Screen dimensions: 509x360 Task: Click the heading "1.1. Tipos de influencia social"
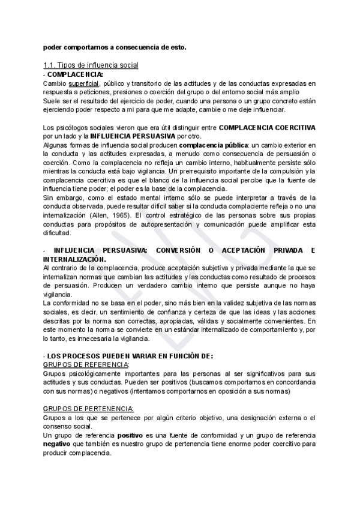point(91,65)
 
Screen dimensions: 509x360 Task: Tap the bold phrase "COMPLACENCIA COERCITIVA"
point(268,128)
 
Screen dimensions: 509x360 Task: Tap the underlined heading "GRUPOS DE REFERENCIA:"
point(86,364)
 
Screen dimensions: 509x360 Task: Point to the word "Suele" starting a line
point(54,101)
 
